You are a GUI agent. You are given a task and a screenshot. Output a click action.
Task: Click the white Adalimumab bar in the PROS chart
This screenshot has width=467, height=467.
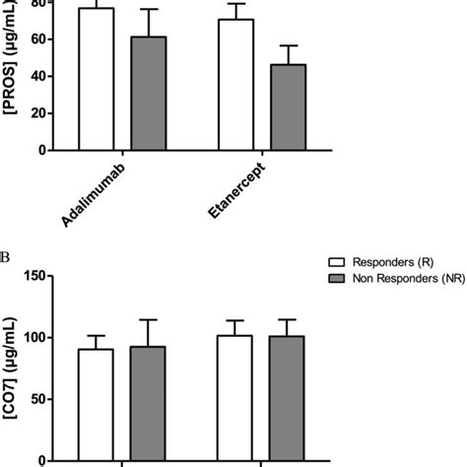97,80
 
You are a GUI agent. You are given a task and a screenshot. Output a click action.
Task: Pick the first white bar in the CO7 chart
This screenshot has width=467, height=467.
97,404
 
